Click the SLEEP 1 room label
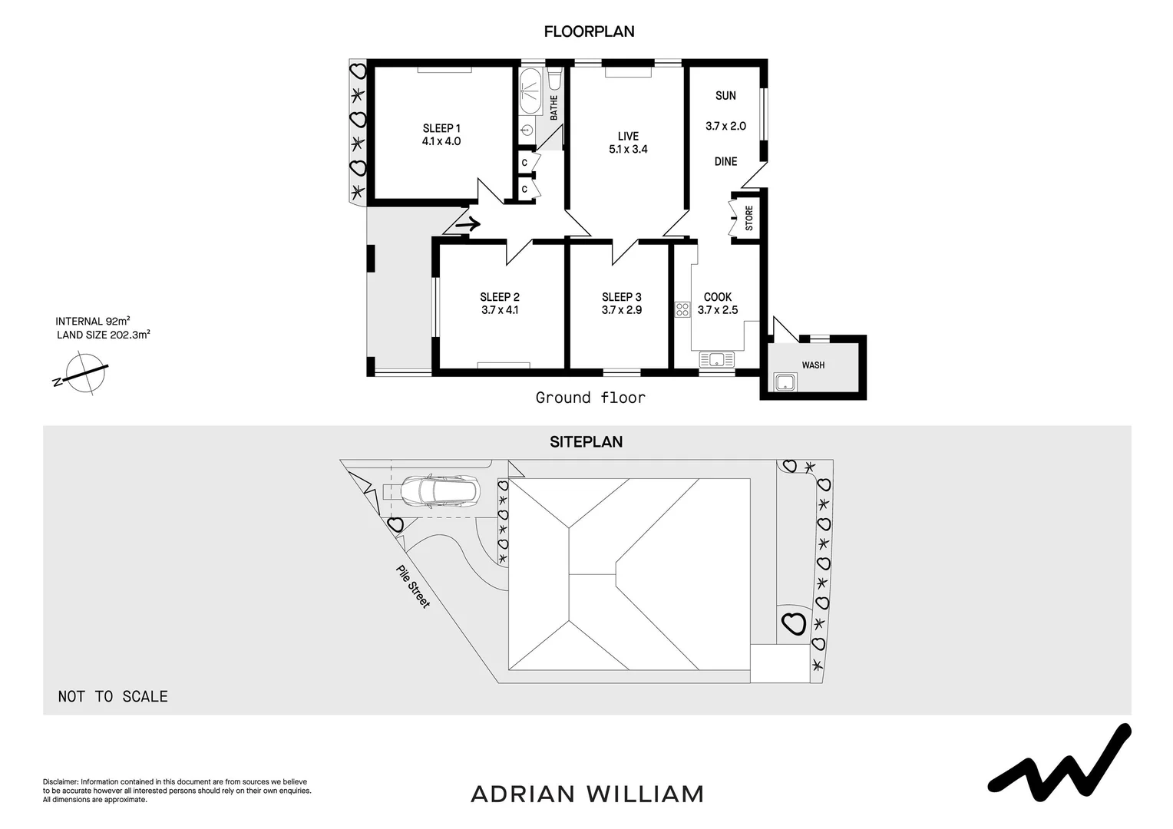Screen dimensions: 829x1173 tap(441, 128)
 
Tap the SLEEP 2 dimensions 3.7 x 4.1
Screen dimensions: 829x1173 tap(500, 310)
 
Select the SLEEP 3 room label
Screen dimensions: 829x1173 tap(621, 297)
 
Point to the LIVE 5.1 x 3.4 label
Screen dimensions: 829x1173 tap(628, 143)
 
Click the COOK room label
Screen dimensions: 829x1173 tap(718, 297)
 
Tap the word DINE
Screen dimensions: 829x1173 tap(725, 161)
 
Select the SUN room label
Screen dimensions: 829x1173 tap(725, 96)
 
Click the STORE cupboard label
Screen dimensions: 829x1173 tap(749, 218)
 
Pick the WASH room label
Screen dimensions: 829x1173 tap(813, 365)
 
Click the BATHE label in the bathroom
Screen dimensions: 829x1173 tap(554, 107)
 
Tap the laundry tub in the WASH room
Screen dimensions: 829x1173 tap(785, 381)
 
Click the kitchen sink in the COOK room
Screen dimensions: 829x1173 tap(717, 359)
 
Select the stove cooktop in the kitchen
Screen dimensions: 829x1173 tap(682, 309)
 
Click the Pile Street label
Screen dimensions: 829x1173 tap(413, 586)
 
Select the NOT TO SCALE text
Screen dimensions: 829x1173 tap(113, 696)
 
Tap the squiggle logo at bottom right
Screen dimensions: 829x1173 tap(1059, 759)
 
